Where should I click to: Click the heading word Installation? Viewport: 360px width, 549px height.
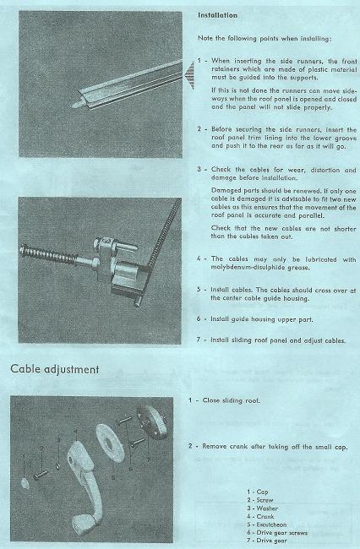[217, 15]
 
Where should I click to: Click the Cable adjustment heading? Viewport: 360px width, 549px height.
[55, 369]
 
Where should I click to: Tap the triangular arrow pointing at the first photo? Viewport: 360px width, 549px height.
[188, 75]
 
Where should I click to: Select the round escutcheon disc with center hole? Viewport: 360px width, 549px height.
[110, 443]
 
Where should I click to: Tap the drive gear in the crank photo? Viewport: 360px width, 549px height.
[151, 421]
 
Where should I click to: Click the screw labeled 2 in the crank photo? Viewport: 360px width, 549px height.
[41, 475]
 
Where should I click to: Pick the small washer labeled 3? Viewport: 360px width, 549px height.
[57, 466]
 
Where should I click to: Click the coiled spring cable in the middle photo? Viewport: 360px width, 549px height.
[47, 253]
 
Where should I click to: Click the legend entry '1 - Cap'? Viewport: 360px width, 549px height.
[258, 492]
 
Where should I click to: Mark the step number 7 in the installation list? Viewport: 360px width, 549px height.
[199, 340]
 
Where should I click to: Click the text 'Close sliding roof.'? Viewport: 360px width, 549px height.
[232, 400]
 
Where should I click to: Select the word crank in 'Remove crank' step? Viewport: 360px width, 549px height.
[238, 447]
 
